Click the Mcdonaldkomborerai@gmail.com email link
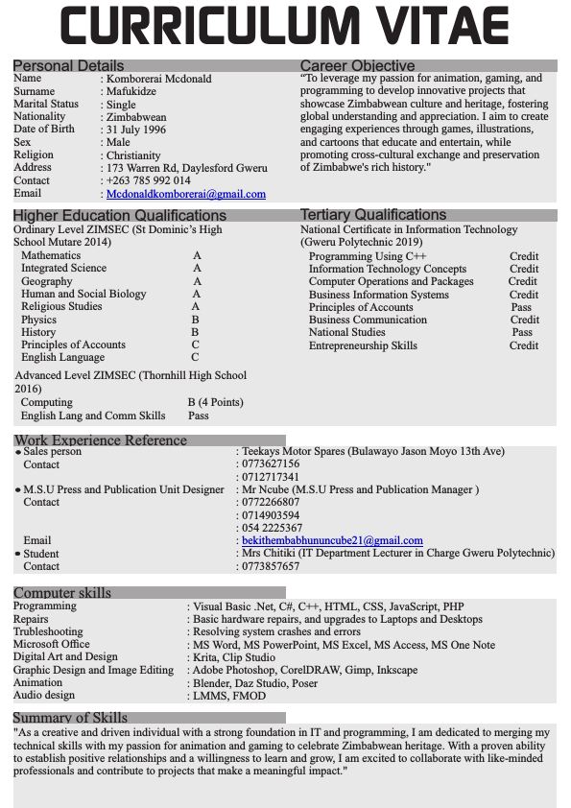[x=186, y=194]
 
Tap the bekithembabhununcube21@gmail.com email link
[x=332, y=541]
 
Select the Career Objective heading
[x=357, y=65]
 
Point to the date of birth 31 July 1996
[x=136, y=130]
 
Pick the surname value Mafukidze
[x=131, y=91]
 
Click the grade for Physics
[x=195, y=320]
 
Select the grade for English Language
[x=195, y=358]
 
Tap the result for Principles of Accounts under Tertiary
[x=521, y=307]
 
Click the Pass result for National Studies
[x=521, y=333]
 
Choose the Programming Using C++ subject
[x=368, y=257]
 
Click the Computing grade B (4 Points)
[x=215, y=403]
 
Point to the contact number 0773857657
[x=271, y=567]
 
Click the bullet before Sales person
[x=18, y=452]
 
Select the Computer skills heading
[x=62, y=593]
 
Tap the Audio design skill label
[x=44, y=695]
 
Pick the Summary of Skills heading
[x=70, y=718]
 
